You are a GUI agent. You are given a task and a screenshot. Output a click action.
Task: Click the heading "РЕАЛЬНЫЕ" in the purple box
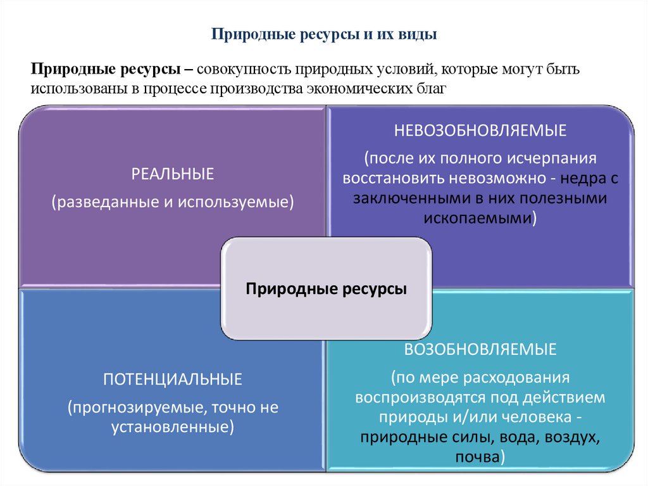point(173,174)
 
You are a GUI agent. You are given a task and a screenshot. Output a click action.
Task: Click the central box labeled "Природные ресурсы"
point(326,289)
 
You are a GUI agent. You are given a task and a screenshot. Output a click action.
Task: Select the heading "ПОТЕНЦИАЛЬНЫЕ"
point(173,380)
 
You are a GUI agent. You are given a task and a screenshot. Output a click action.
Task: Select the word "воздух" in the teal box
point(571,438)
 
